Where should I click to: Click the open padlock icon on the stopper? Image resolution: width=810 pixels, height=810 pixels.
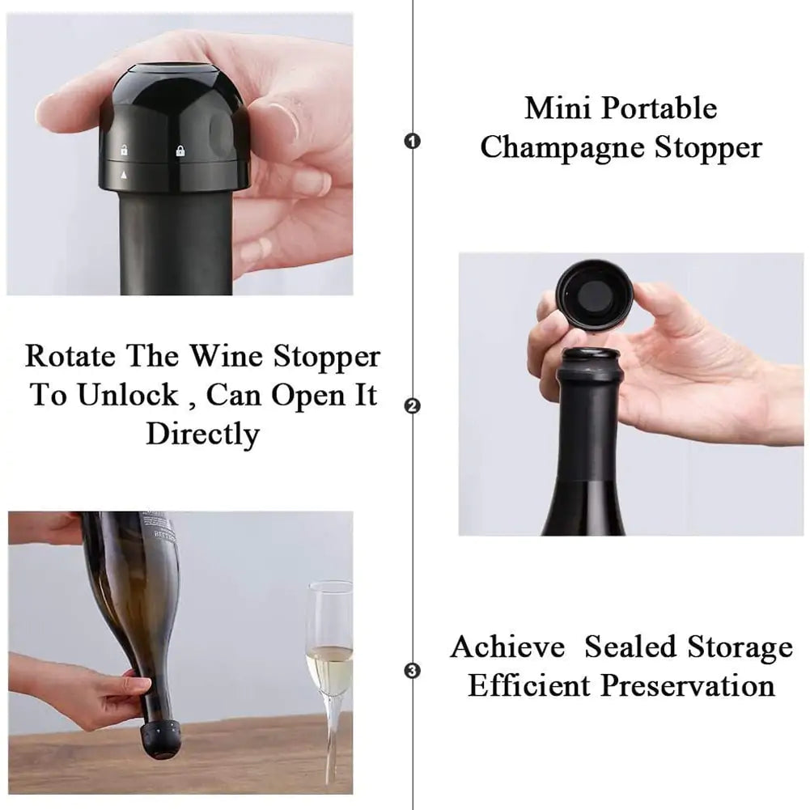[124, 150]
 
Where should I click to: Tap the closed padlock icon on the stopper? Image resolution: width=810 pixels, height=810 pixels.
[180, 150]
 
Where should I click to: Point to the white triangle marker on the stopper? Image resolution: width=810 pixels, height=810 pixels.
[124, 174]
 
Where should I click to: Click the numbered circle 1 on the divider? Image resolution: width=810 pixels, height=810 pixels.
[413, 142]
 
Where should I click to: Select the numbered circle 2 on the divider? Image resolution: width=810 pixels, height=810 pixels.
[413, 406]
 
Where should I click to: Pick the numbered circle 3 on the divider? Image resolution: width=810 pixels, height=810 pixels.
[413, 671]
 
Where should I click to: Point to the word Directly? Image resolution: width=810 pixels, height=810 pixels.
[202, 434]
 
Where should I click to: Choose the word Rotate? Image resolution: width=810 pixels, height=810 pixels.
[69, 356]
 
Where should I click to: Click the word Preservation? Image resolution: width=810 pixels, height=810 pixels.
[687, 686]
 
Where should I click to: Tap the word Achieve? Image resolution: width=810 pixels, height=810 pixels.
[507, 647]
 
